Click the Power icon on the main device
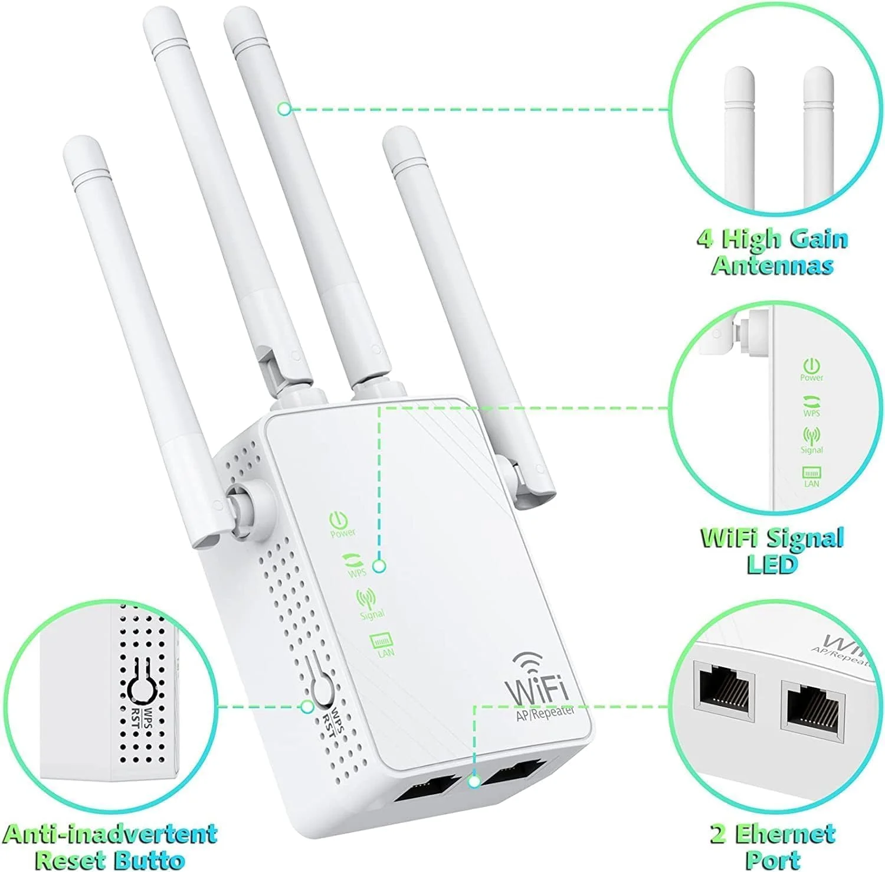pos(338,520)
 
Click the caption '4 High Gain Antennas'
pos(772,252)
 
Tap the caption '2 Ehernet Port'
pos(772,845)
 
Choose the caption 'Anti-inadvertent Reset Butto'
pos(110,845)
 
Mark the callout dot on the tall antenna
pos(284,109)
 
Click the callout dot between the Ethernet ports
pos(473,782)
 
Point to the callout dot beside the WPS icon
pos(380,566)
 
